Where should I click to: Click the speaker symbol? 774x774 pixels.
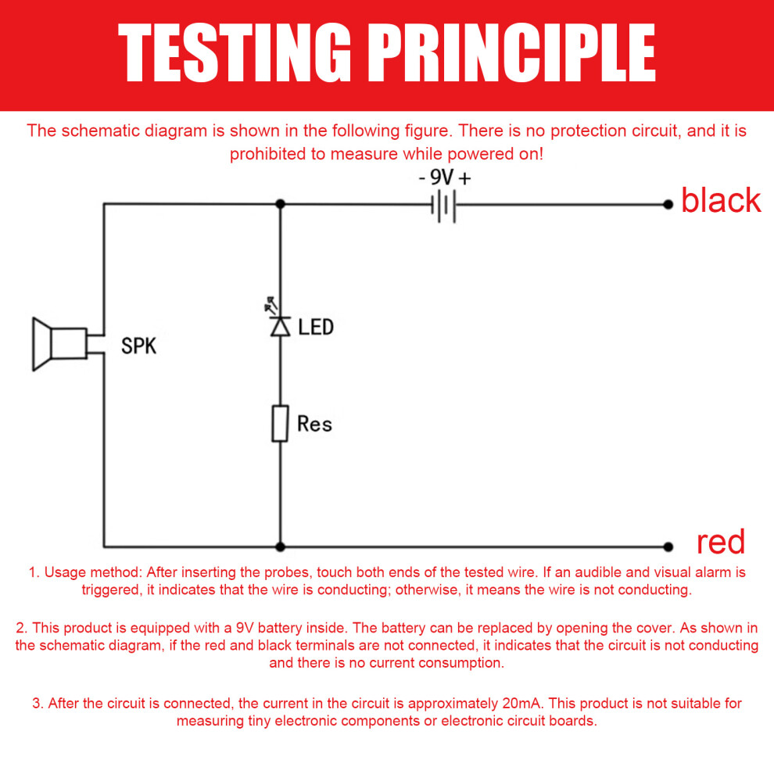[60, 343]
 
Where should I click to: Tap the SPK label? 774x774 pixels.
[138, 346]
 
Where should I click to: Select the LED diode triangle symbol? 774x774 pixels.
[281, 327]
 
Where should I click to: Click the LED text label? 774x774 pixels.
[316, 327]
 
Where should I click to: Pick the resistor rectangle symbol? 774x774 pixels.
[281, 424]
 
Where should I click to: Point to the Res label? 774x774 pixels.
[315, 424]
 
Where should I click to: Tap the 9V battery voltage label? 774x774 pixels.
[441, 177]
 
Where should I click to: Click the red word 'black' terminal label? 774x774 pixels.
[721, 200]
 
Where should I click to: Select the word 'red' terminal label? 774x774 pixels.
[720, 542]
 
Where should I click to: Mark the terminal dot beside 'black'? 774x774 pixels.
[668, 204]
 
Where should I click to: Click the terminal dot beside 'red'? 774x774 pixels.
[668, 546]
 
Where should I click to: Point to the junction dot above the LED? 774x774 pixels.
[281, 204]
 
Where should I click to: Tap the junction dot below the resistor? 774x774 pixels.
[281, 546]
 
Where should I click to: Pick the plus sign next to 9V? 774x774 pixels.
[464, 177]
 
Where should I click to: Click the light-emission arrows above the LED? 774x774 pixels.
[271, 305]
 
